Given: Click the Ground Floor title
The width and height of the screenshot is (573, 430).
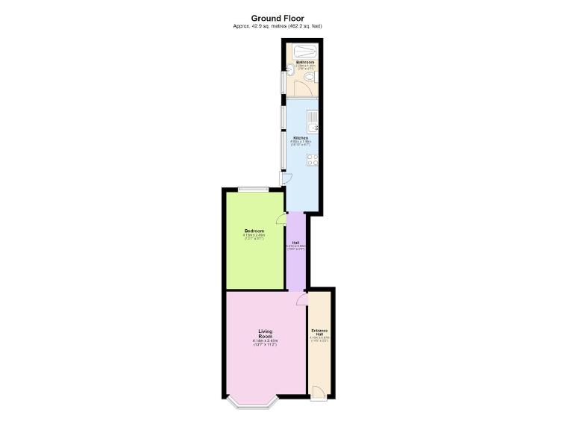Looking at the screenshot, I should point(278,19).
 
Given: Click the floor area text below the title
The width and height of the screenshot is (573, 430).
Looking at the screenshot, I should point(278,27).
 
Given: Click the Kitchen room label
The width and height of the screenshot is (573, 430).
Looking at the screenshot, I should point(301,138).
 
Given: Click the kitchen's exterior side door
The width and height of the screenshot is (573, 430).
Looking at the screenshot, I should point(286,179).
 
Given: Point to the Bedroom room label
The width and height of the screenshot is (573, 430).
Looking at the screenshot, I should point(254,231).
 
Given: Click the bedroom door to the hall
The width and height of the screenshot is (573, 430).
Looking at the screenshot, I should point(281,219).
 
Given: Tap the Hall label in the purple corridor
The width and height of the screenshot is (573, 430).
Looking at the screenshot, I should point(295,243).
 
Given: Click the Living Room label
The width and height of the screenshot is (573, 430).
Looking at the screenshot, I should point(266,334).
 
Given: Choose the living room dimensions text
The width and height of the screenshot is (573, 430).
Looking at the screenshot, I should point(266,343).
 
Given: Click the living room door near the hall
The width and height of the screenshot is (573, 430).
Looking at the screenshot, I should point(301,299).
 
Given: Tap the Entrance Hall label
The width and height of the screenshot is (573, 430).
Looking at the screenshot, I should point(319,332).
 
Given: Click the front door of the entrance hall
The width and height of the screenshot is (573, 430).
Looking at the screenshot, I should point(319,392).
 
